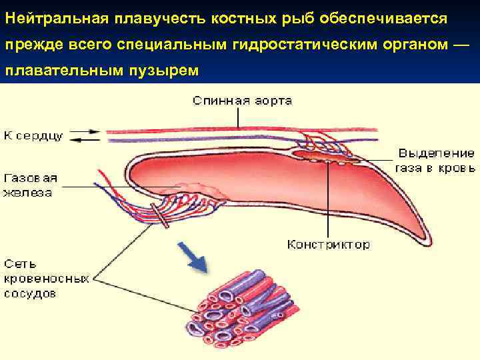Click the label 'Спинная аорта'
[x=242, y=101]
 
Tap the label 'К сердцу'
[x=33, y=135]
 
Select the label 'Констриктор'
[x=328, y=245]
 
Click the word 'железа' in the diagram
[x=27, y=193]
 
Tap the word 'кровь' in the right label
[x=457, y=168]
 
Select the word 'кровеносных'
[x=46, y=278]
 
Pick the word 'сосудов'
[x=30, y=293]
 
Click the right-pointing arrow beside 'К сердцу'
[x=87, y=131]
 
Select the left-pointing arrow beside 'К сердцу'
[x=87, y=139]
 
